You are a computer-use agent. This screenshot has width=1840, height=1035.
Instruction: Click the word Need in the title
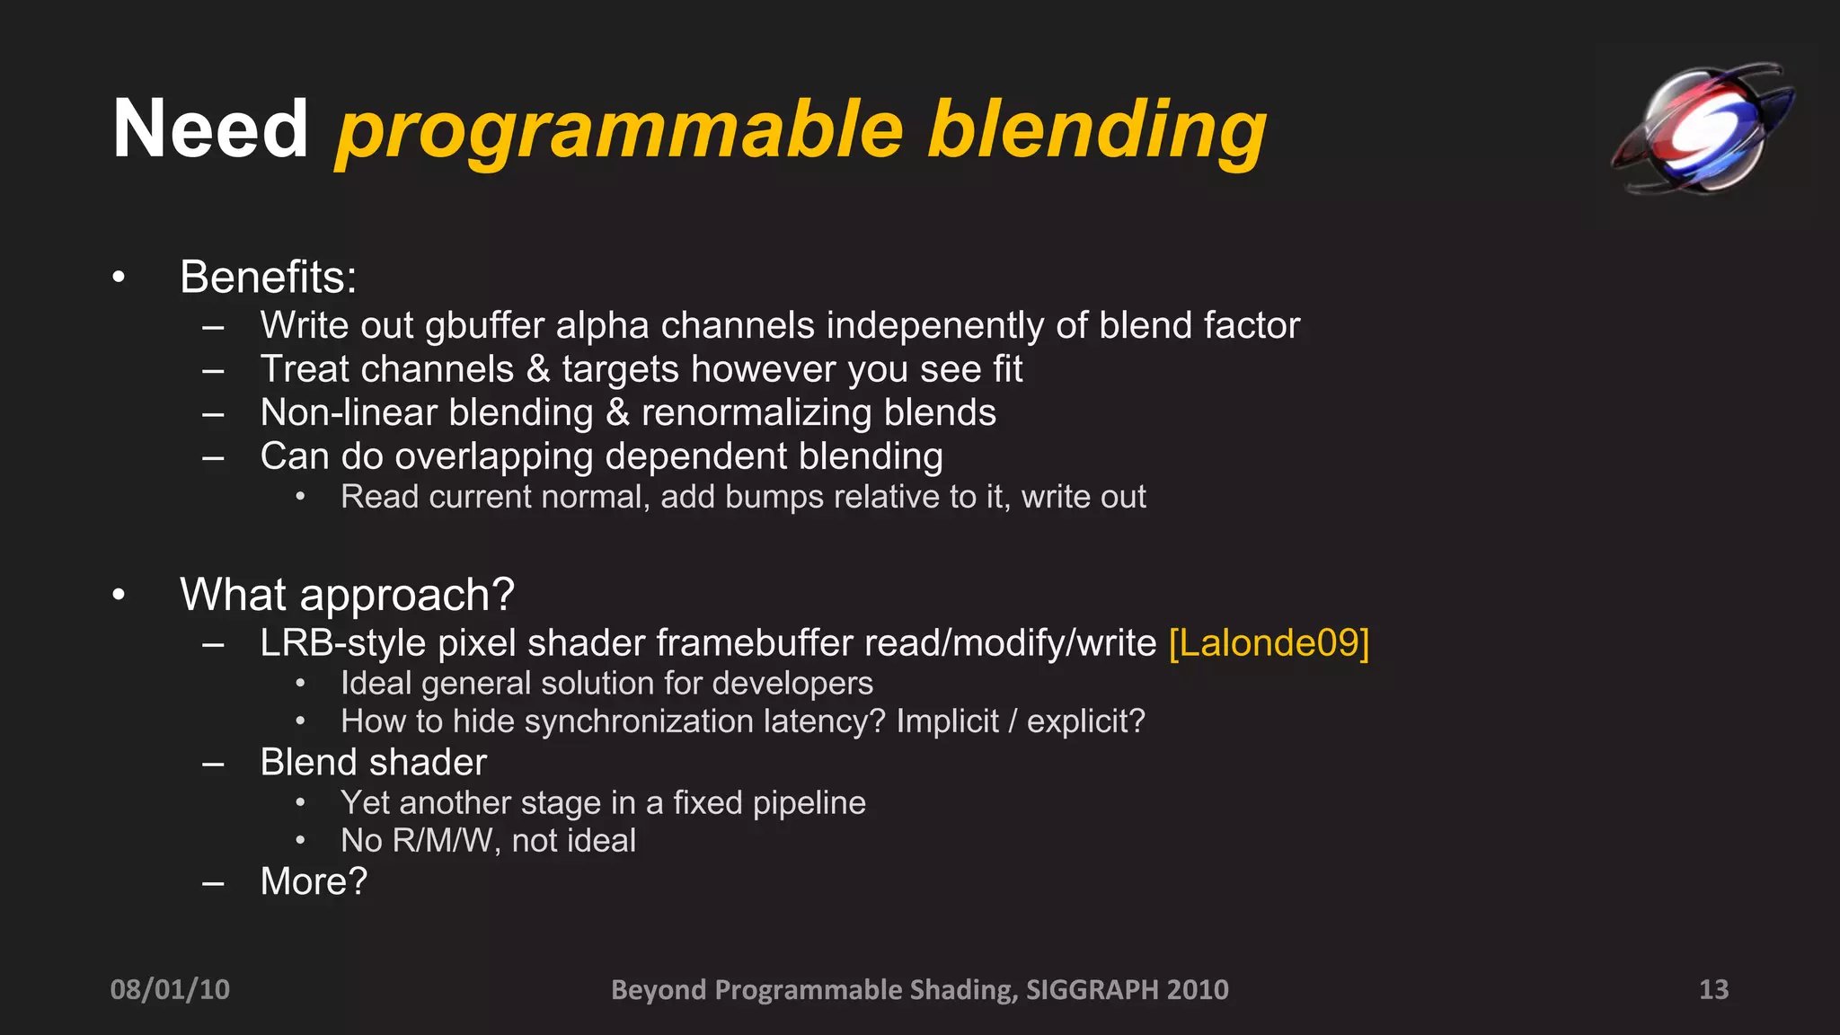(210, 129)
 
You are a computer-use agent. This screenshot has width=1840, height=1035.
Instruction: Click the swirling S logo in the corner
(1703, 128)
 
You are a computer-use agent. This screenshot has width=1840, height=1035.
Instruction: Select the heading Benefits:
(268, 277)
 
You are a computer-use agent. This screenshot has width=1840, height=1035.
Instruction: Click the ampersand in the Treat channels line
(537, 369)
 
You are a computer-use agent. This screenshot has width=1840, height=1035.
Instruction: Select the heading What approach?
(347, 595)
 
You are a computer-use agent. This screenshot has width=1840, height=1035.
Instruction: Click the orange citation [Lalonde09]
(1269, 643)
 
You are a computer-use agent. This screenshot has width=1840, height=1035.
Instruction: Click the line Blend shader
(373, 763)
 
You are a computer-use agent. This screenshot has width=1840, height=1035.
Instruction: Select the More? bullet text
(314, 881)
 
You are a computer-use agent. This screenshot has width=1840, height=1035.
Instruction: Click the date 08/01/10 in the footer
(170, 989)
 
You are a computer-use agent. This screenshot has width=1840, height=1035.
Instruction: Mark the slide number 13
(1713, 989)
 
